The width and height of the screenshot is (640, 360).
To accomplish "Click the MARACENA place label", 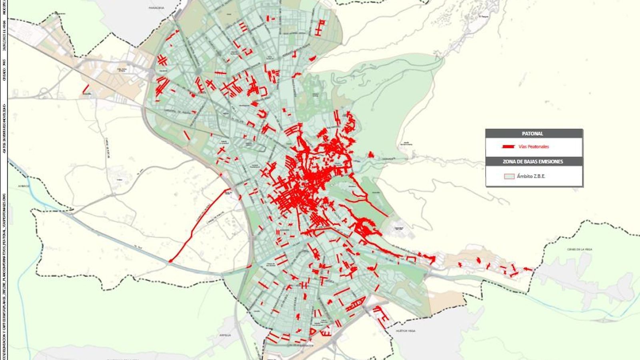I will [156, 8].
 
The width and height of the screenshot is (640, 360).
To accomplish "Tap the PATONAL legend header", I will [532, 134].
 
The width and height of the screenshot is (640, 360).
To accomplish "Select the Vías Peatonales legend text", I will [534, 147].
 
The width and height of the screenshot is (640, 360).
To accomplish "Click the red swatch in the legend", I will [509, 147].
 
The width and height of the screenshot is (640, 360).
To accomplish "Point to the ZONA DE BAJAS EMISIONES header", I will [532, 162].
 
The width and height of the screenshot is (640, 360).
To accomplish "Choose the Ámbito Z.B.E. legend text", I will [531, 176].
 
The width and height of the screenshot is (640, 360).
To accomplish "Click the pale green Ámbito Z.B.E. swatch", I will [509, 176].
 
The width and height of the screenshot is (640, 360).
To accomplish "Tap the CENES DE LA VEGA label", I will [579, 249].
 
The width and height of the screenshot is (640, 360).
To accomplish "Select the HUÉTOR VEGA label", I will [406, 331].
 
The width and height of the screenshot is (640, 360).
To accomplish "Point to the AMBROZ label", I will [24, 186].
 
